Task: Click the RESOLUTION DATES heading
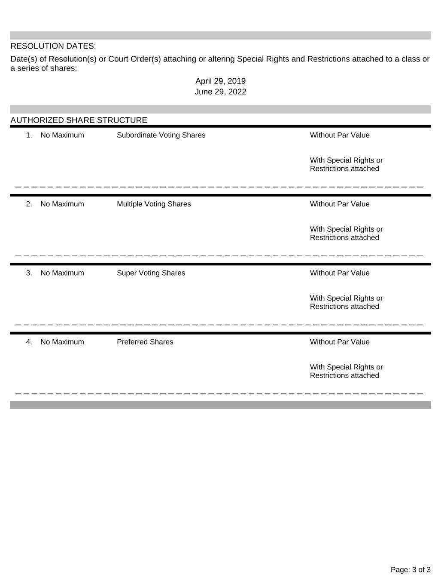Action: pos(53,46)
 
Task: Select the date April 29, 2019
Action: pos(220,81)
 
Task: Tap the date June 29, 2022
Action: pos(220,92)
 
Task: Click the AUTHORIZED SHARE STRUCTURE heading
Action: pos(79,120)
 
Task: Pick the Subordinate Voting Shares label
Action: pos(161,135)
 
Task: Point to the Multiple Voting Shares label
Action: pos(154,204)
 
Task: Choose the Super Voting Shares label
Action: pos(151,273)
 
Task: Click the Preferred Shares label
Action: pos(145,342)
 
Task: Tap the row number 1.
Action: pos(29,135)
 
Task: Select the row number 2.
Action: pos(29,204)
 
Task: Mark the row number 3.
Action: pos(29,273)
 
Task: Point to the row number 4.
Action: pos(29,342)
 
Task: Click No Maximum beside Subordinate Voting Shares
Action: pos(62,135)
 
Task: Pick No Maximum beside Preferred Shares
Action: pos(62,342)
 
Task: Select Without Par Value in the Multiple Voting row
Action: pos(340,204)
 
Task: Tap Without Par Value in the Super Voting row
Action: pos(340,273)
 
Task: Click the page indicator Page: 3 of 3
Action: pos(411,570)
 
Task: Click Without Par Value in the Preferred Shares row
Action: pos(340,342)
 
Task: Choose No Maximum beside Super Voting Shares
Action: pos(62,273)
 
